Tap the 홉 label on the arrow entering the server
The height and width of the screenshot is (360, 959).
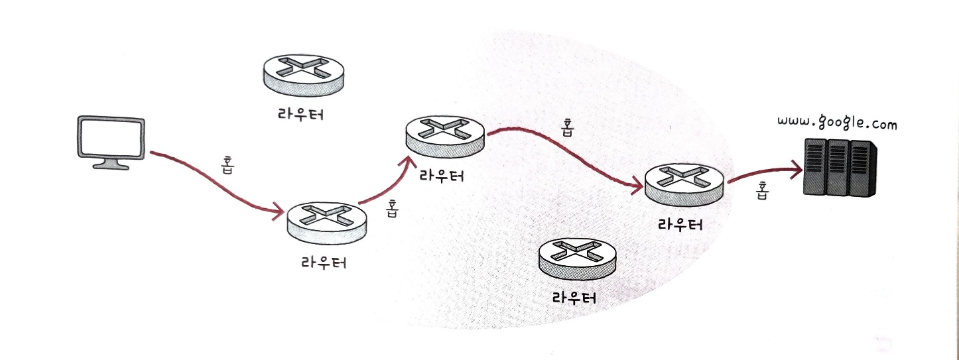click(x=762, y=191)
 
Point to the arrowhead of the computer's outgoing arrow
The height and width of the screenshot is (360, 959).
click(x=279, y=213)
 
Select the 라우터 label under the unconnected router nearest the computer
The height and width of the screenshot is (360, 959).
click(x=300, y=114)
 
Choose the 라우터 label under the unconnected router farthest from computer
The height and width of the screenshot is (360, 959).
click(x=574, y=296)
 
